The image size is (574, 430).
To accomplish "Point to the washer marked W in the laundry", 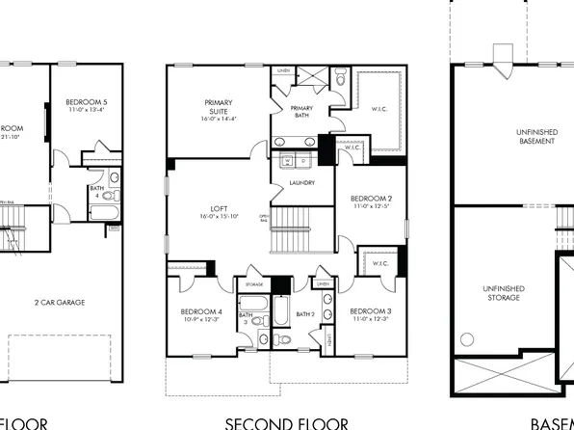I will (289, 160).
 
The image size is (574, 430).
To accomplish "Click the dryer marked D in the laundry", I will (303, 160).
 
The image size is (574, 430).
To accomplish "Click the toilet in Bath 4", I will (115, 178).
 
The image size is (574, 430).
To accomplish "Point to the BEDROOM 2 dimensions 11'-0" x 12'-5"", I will (371, 206).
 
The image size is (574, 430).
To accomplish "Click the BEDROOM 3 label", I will (371, 310).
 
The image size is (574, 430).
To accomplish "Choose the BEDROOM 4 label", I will (201, 310).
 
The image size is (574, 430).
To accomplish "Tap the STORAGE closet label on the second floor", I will (253, 284).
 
